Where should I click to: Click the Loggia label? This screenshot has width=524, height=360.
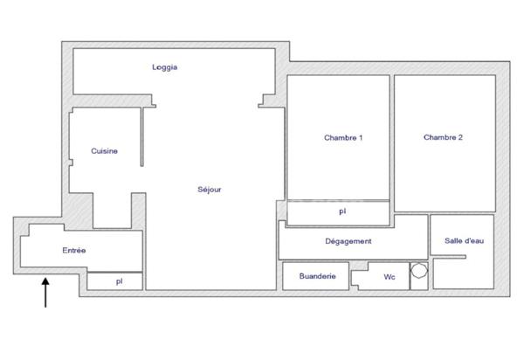pyautogui.click(x=165, y=67)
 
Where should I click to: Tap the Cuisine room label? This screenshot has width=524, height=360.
pyautogui.click(x=104, y=151)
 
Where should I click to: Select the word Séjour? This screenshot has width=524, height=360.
pyautogui.click(x=209, y=189)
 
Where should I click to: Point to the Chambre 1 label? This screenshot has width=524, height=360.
pyautogui.click(x=343, y=138)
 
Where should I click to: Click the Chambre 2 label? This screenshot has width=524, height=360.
pyautogui.click(x=443, y=137)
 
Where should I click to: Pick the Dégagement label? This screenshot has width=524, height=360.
pyautogui.click(x=348, y=241)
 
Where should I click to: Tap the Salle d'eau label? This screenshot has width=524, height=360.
pyautogui.click(x=463, y=241)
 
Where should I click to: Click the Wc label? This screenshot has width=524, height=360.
pyautogui.click(x=390, y=278)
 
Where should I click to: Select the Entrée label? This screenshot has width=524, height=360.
pyautogui.click(x=74, y=251)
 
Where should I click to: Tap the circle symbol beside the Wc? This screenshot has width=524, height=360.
pyautogui.click(x=418, y=271)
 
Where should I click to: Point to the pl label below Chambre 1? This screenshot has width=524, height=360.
pyautogui.click(x=342, y=211)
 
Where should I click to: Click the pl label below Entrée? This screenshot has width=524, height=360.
pyautogui.click(x=119, y=281)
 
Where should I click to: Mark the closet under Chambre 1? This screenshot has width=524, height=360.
pyautogui.click(x=367, y=211)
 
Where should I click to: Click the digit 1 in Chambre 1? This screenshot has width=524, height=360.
pyautogui.click(x=361, y=138)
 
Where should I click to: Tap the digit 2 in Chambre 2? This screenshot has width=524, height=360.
pyautogui.click(x=460, y=137)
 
